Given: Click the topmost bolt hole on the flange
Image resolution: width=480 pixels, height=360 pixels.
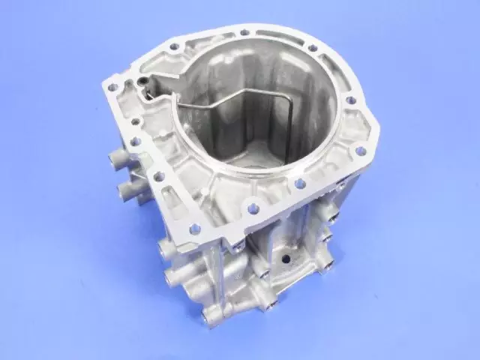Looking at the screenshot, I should click(245, 32).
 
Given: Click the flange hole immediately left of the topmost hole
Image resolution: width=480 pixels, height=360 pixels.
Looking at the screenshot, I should click(174, 46).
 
